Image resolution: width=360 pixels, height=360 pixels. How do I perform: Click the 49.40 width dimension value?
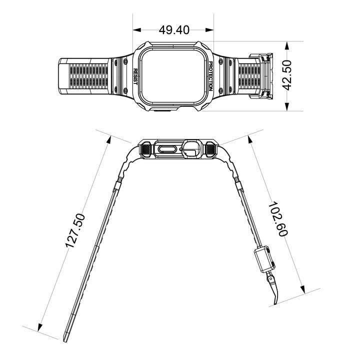point(174,30)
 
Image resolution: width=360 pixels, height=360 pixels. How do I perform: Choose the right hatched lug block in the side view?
point(211,149)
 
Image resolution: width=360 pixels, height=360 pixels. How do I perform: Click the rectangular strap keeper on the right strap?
point(264,258)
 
